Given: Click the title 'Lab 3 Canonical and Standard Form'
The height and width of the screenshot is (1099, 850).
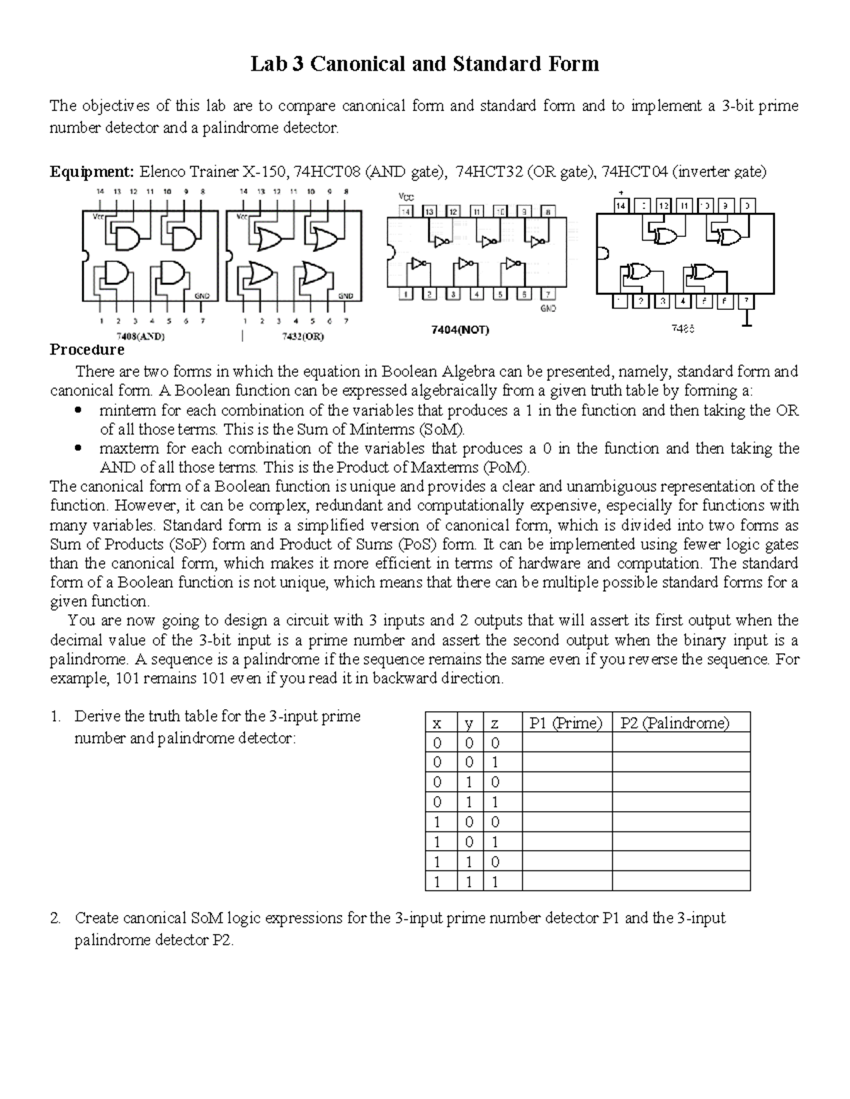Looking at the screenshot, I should click(x=425, y=64).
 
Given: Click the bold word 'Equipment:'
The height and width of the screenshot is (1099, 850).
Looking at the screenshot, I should click(x=91, y=171).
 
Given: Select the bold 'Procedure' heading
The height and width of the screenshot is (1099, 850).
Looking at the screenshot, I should click(x=86, y=350).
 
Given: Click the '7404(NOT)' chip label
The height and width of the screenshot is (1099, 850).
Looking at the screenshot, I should click(x=460, y=330).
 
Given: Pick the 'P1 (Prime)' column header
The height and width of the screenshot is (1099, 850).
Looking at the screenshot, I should click(x=566, y=723).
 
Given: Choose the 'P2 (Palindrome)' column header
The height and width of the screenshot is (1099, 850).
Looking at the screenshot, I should click(x=674, y=723).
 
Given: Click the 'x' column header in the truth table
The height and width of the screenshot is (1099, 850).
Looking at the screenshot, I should click(x=437, y=723).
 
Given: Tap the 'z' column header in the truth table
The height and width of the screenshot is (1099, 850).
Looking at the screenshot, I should click(x=495, y=723).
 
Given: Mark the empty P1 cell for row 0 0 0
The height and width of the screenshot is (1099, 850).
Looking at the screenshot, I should click(x=566, y=742).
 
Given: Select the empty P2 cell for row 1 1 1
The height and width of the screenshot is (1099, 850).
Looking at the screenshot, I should click(x=680, y=882).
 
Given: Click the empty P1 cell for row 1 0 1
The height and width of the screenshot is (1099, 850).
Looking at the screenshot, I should click(x=566, y=842).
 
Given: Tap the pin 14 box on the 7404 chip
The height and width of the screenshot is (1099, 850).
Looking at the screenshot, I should click(x=407, y=211).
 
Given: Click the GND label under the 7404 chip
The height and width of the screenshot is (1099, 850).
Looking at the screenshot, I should click(x=548, y=309).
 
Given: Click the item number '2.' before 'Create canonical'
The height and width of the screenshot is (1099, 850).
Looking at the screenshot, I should click(x=56, y=919).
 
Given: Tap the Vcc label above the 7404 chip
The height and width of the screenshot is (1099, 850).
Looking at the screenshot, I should click(x=407, y=196).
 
